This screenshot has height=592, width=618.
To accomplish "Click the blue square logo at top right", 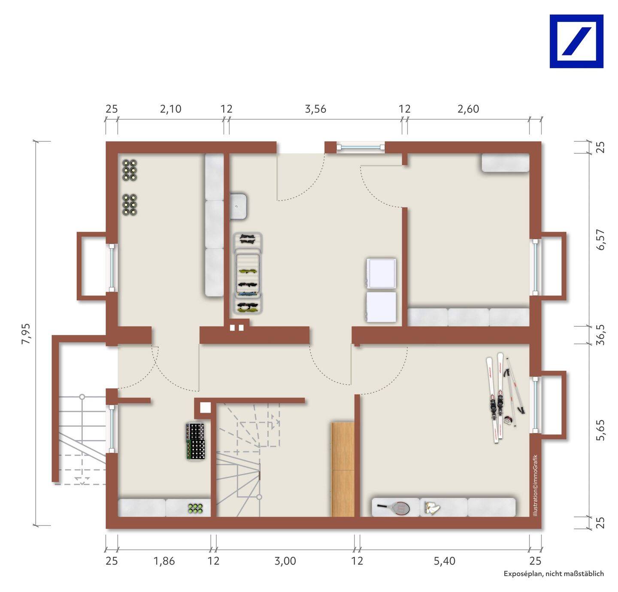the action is click(x=576, y=41).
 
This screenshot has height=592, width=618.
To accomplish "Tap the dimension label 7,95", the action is click(x=26, y=334).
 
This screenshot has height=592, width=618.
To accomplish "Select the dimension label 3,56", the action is click(x=315, y=109).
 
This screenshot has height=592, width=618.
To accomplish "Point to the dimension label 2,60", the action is click(x=468, y=109).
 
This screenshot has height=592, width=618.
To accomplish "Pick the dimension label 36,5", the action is click(x=600, y=335).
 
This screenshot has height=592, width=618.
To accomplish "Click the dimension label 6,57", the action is click(x=600, y=240).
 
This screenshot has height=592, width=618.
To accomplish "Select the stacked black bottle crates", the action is click(x=196, y=441).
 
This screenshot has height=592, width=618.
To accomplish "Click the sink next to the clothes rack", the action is click(x=239, y=206).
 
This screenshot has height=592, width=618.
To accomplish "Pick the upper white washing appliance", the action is click(x=382, y=273).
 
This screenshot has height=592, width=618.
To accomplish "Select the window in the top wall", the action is click(x=360, y=147).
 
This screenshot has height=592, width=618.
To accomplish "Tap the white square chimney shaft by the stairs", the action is click(x=206, y=408).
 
